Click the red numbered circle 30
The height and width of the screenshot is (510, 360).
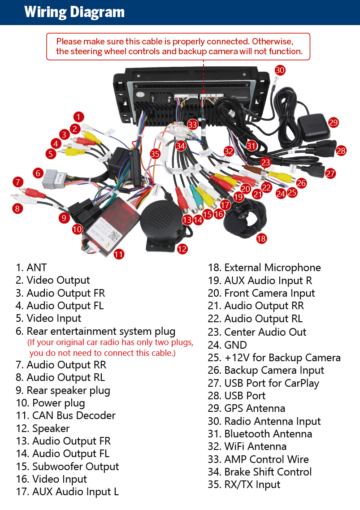click(280, 70)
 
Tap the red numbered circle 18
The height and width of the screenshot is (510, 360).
click(261, 238)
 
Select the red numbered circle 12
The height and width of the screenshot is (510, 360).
click(182, 249)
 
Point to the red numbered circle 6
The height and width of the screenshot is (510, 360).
click(38, 173)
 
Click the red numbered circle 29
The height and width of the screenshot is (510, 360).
click(333, 122)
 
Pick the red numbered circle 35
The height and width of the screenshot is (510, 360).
click(155, 154)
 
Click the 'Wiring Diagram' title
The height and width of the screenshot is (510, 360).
click(74, 12)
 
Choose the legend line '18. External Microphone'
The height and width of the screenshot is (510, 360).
click(265, 268)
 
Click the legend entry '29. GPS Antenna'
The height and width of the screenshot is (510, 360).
click(247, 408)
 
